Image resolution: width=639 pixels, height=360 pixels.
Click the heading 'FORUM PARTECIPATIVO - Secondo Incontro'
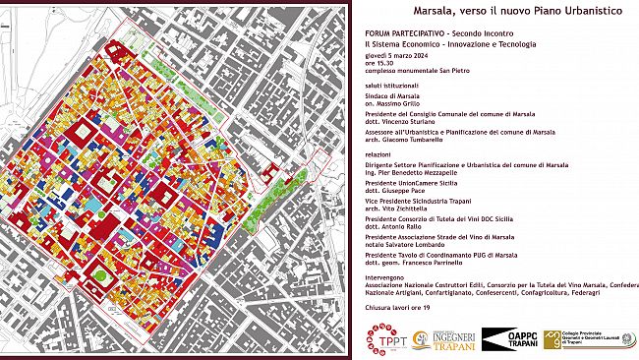(x=425, y=33)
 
